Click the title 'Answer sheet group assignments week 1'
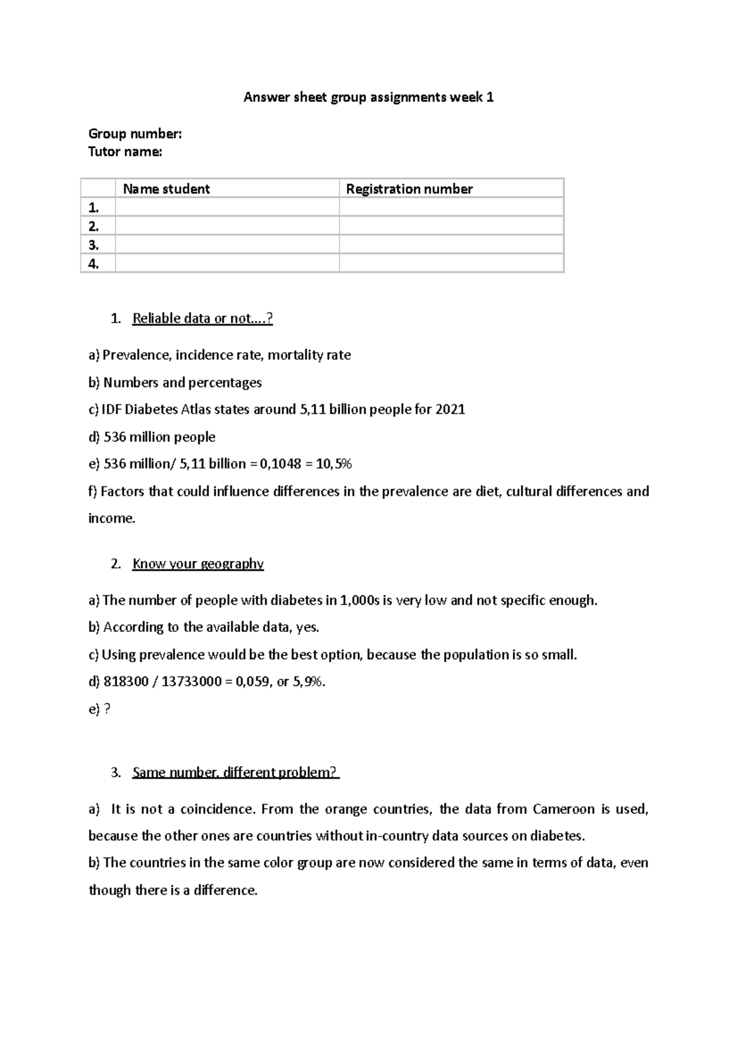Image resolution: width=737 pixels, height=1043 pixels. point(368,97)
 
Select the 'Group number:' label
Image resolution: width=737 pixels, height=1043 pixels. point(135,133)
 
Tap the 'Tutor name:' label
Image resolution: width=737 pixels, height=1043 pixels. point(125,152)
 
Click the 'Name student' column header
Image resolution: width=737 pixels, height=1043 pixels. point(166,189)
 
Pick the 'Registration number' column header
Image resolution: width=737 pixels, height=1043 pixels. point(409,189)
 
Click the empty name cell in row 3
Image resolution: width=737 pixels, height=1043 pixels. point(227,244)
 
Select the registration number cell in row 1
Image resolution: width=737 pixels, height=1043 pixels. point(451,207)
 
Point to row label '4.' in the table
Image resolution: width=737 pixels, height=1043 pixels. point(93,264)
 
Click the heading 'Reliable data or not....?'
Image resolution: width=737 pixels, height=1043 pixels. point(202,318)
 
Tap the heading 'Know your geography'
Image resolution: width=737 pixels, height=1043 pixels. point(198,563)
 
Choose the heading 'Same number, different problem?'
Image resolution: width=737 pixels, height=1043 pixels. point(235,772)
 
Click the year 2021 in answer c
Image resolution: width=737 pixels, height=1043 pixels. point(450,409)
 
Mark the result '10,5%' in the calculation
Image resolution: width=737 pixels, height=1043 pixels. point(333,464)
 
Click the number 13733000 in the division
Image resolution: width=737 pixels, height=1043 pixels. point(191,681)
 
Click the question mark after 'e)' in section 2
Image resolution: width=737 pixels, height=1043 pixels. point(107,709)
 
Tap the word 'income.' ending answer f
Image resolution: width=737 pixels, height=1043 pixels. point(112,518)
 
